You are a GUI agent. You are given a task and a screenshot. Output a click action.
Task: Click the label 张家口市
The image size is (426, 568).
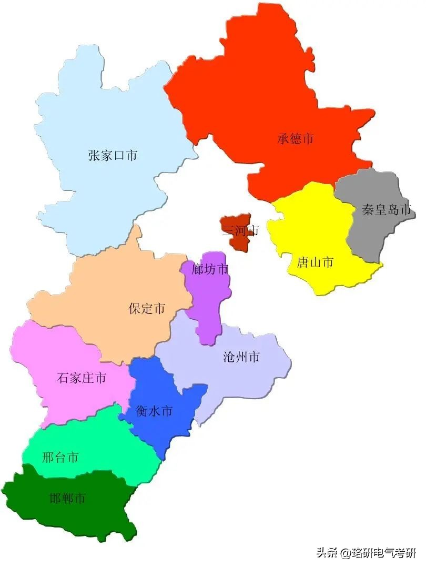113,156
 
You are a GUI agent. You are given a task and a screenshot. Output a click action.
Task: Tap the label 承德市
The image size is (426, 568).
296,139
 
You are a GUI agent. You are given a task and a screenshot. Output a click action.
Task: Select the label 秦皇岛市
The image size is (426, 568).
386,210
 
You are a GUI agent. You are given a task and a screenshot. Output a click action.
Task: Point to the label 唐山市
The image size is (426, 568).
315,262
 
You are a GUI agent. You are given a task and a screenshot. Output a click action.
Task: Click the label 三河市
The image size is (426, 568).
240,230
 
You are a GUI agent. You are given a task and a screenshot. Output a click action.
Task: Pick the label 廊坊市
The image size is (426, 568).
210,269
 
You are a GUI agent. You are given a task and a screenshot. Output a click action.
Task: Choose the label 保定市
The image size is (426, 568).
147,308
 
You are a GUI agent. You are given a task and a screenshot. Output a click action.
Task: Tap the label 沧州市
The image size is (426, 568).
241,357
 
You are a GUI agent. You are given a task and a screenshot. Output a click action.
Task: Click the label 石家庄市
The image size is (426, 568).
81,378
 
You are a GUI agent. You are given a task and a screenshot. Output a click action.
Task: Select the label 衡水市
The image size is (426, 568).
154,411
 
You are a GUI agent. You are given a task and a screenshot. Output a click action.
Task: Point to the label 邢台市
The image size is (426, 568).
60,457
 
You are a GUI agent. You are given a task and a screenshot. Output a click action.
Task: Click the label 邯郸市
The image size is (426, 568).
67,498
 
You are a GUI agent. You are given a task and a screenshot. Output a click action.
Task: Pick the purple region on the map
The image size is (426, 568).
210,305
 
